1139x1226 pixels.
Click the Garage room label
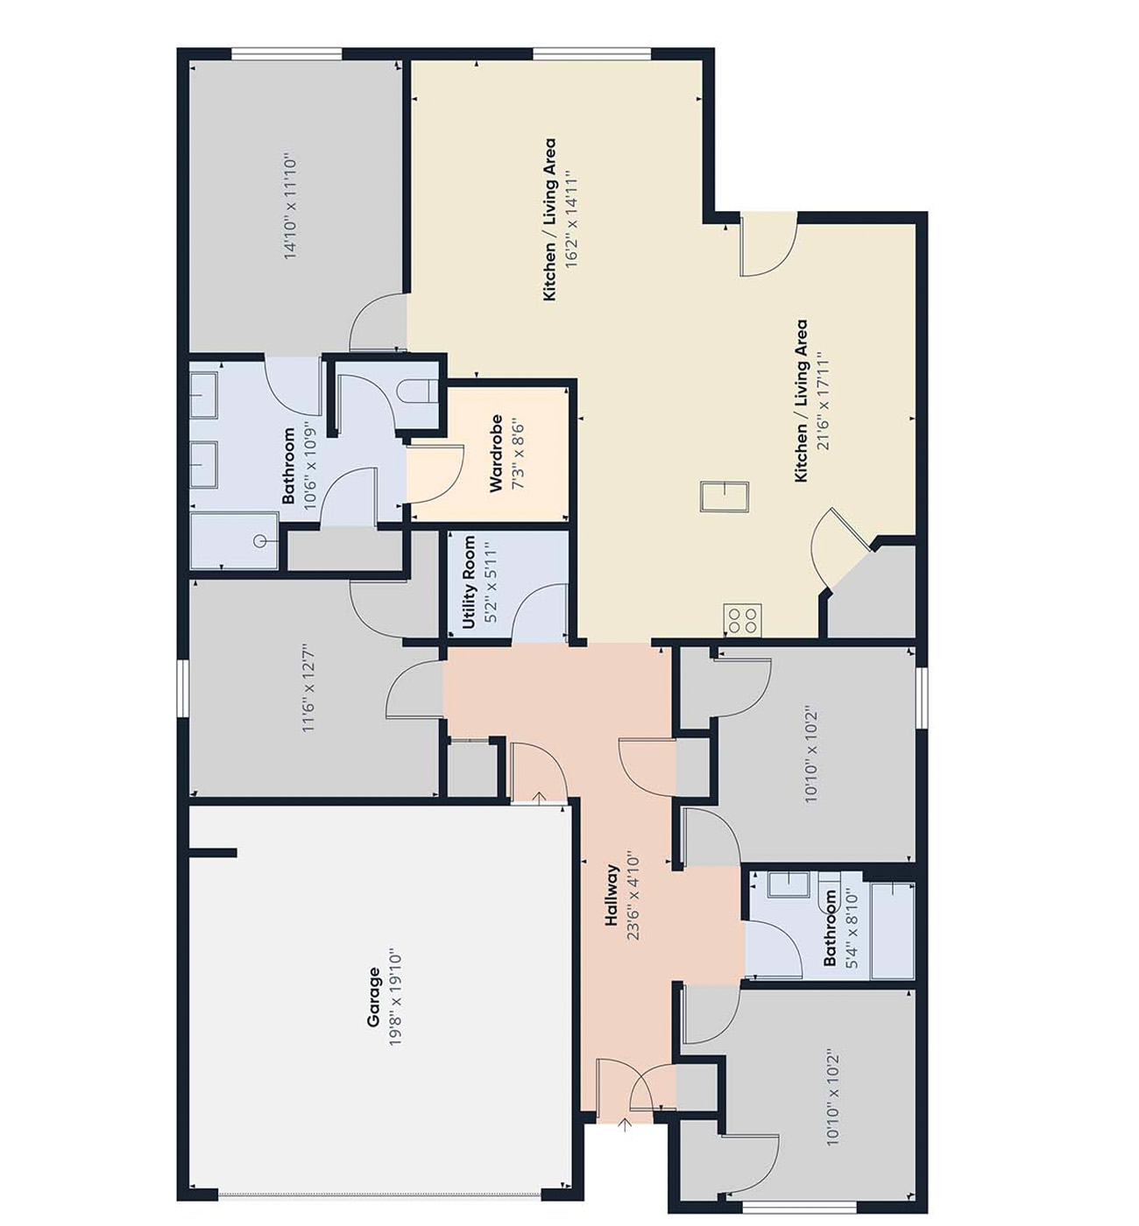click(x=374, y=997)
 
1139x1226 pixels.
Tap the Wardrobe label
click(x=496, y=454)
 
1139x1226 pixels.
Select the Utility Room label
click(x=470, y=582)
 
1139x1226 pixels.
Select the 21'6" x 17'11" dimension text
click(x=822, y=401)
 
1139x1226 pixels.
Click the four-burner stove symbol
click(x=742, y=619)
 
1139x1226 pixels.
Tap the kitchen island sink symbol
click(x=724, y=497)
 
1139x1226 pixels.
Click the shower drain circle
click(x=259, y=541)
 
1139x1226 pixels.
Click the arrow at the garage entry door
click(x=539, y=798)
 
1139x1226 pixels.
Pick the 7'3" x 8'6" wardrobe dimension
click(x=518, y=455)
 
